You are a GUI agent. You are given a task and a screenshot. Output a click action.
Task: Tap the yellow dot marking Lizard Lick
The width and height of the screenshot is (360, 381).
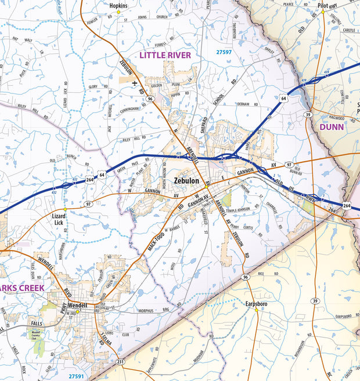click(x=65, y=209)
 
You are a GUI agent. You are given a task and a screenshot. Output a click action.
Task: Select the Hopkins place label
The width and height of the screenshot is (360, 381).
click(x=118, y=5)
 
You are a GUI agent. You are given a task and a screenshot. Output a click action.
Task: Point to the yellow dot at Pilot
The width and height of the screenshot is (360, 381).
click(x=323, y=12)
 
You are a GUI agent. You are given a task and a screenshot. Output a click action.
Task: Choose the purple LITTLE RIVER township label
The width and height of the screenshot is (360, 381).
click(x=164, y=55)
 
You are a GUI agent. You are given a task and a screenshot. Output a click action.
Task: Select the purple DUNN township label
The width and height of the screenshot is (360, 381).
click(x=332, y=126)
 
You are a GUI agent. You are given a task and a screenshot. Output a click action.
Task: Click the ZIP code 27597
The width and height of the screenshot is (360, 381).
click(x=224, y=52)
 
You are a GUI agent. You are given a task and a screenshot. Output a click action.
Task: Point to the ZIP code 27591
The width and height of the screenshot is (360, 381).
click(x=75, y=376)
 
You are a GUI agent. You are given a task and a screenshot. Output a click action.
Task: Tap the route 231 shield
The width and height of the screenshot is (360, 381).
click(x=120, y=362)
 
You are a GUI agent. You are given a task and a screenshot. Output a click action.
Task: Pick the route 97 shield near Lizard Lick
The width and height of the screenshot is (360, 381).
click(x=88, y=204)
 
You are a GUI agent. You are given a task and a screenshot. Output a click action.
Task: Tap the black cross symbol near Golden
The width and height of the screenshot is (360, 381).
click(x=135, y=83)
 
